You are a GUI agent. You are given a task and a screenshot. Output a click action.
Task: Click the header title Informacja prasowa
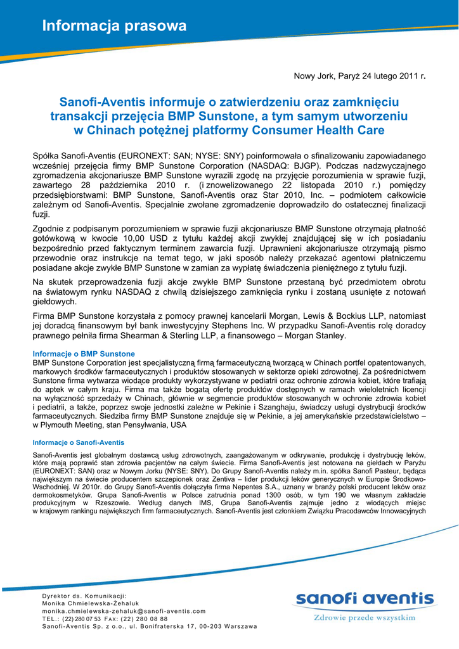pyautogui.click(x=114, y=26)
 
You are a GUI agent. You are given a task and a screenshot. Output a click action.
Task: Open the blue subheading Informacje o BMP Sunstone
pyautogui.click(x=84, y=354)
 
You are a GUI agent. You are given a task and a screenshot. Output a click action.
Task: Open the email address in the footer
pyautogui.click(x=124, y=611)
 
